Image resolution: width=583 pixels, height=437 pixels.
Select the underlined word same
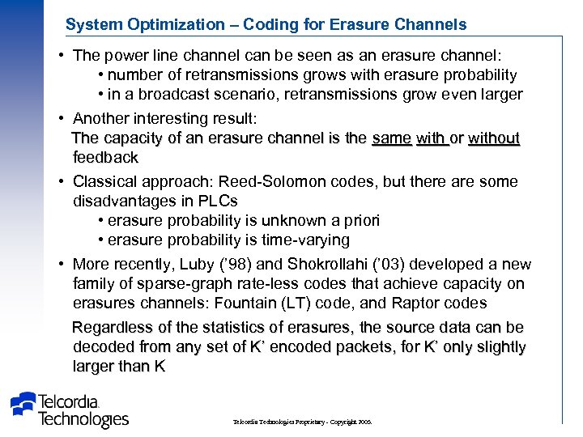pyautogui.click(x=391, y=138)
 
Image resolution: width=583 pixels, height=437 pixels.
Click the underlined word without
pyautogui.click(x=493, y=138)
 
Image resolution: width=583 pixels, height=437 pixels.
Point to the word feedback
pyautogui.click(x=105, y=157)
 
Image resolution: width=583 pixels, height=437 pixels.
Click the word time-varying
pyautogui.click(x=301, y=240)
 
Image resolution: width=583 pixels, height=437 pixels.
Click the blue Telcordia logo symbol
pyautogui.click(x=24, y=405)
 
